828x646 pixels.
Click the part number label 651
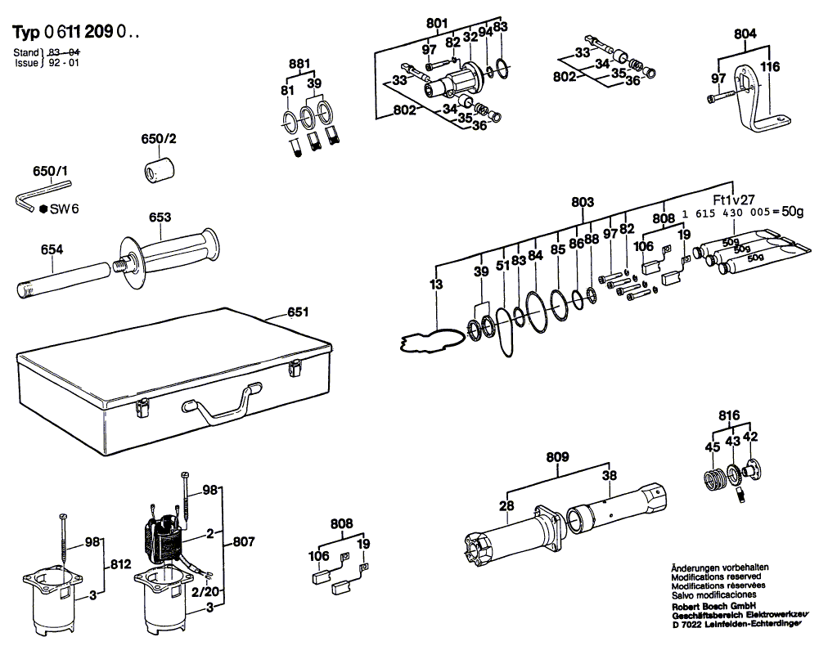298,312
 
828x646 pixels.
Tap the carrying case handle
218,406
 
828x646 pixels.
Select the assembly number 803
582,201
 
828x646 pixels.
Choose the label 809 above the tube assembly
558,457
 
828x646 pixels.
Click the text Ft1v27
733,200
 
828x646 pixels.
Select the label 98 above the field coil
210,490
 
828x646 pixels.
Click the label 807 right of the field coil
244,541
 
